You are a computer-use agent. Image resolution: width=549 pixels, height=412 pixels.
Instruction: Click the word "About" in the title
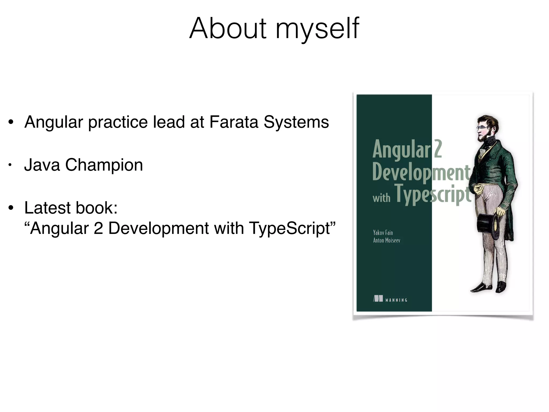[228, 28]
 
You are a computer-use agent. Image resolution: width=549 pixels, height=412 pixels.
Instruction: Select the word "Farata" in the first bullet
[233, 122]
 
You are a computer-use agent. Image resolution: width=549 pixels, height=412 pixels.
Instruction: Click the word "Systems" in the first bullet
[296, 123]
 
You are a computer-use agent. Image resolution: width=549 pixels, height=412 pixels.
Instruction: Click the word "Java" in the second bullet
[42, 165]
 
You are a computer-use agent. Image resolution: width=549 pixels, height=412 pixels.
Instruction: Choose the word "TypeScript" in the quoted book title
[292, 229]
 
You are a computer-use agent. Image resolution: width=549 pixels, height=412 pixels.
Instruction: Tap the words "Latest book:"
[71, 208]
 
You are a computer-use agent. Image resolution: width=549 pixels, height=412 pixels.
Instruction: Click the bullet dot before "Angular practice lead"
[11, 122]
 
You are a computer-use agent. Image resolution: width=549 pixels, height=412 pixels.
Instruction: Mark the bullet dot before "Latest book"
[11, 208]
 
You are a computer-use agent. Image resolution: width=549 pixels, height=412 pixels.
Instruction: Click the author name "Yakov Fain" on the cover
[383, 233]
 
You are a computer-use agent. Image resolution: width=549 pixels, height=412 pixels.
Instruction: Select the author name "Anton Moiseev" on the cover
[387, 240]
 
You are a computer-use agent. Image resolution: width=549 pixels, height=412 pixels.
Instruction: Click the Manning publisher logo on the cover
[390, 299]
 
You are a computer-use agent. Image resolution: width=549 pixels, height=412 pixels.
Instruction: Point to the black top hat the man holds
[488, 227]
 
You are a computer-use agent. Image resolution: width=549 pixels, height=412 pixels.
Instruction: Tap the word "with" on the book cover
[381, 198]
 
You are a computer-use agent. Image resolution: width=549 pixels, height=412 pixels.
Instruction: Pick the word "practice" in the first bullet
[118, 123]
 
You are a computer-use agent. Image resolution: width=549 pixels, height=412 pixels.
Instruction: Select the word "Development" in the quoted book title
[158, 229]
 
